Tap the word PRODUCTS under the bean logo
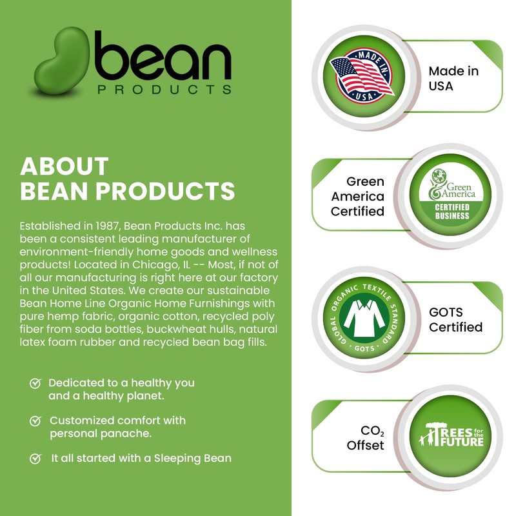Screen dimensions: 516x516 coord(164,89)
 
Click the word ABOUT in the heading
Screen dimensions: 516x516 coord(64,166)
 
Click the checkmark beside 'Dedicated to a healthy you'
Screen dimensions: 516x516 coord(36,383)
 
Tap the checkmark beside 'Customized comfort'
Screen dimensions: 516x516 coord(36,421)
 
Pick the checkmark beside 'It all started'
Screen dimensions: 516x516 coord(36,459)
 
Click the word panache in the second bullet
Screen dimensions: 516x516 coord(128,433)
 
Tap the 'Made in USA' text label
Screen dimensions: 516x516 coord(454,78)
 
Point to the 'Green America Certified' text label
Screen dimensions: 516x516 coord(357,196)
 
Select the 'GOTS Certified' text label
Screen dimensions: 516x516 coord(455,319)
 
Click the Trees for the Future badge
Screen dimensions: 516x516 coord(451,437)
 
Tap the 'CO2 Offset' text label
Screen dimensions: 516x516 coord(365,437)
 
